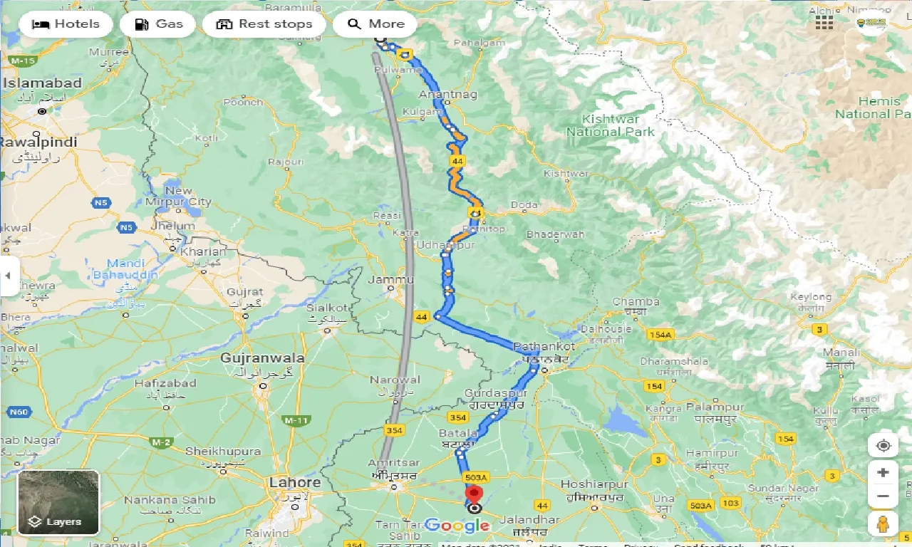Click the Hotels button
tap(66, 24)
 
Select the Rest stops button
tap(264, 24)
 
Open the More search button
tap(375, 24)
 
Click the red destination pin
tap(474, 494)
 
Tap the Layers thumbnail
tap(58, 502)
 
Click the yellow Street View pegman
tap(883, 523)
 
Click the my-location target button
tap(883, 446)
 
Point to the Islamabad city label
tap(43, 83)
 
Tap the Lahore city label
tap(295, 482)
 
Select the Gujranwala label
tap(263, 358)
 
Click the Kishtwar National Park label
tap(611, 125)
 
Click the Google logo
tap(457, 526)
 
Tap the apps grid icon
tap(824, 23)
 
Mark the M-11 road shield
tap(296, 421)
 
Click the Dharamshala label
tap(675, 361)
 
